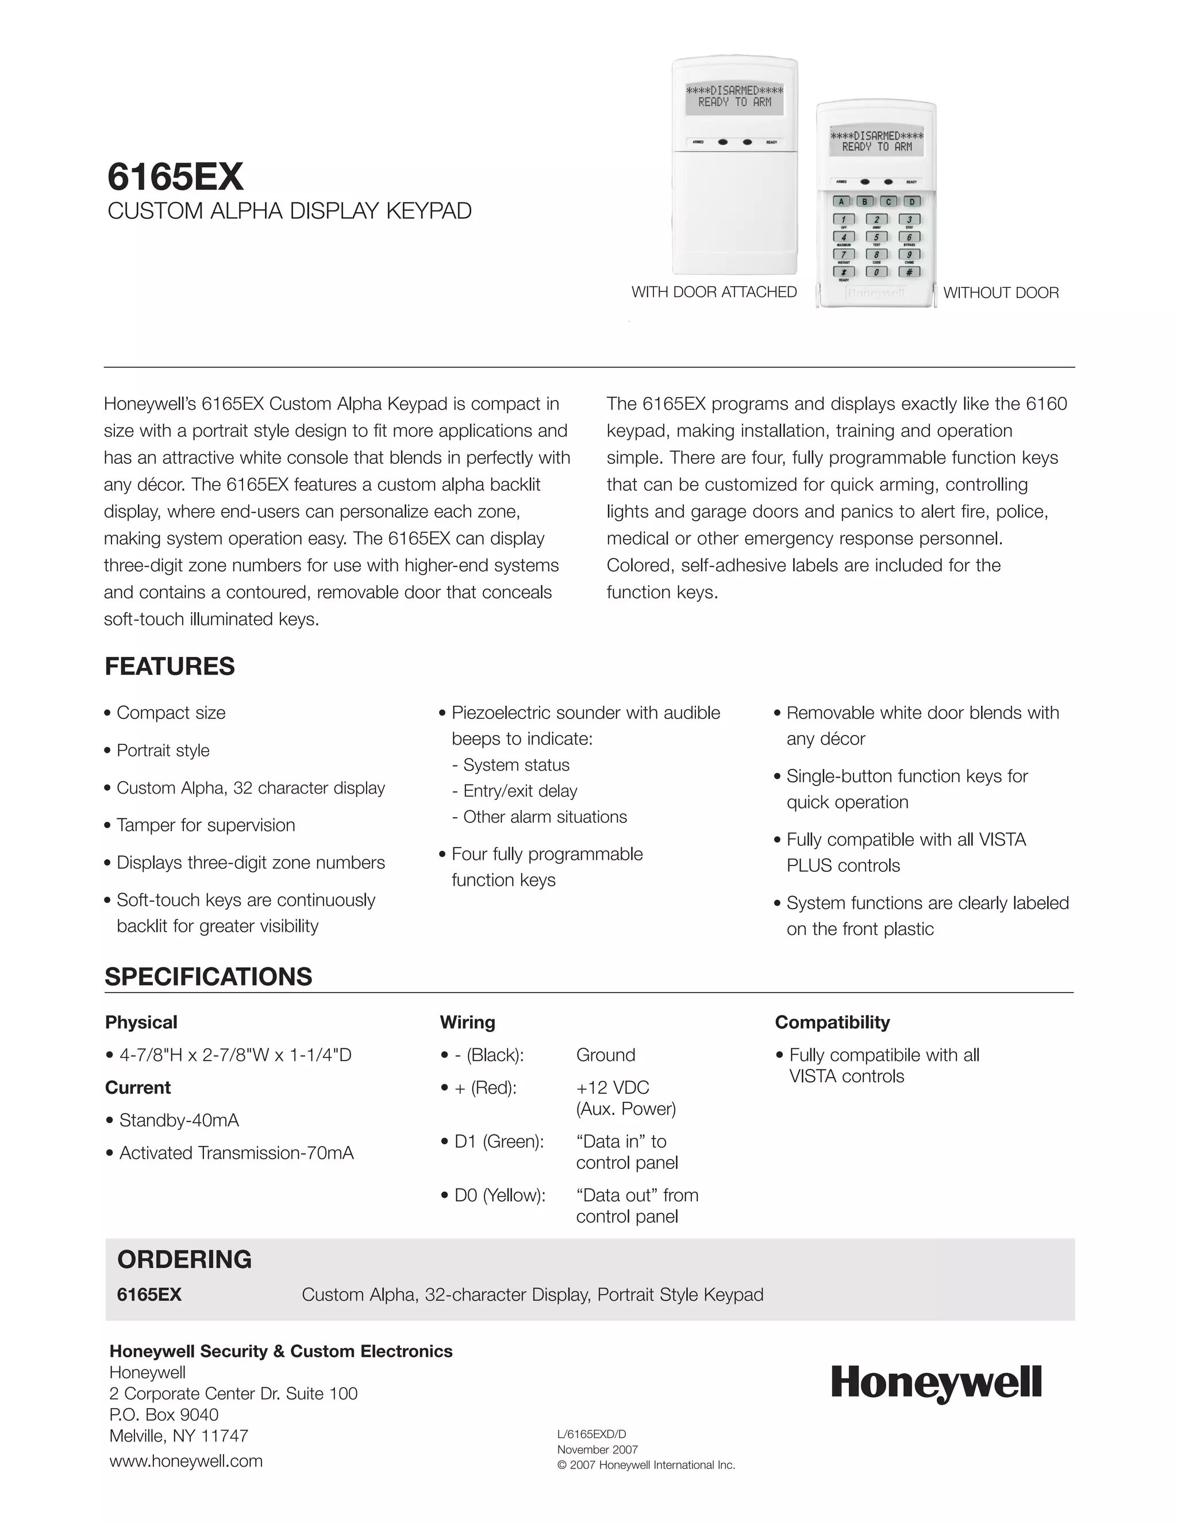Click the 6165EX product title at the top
click(x=175, y=176)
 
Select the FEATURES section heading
click(x=170, y=666)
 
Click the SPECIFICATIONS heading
click(x=208, y=976)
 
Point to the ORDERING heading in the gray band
click(x=184, y=1259)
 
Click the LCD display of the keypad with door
click(x=734, y=96)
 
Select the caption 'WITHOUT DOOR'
click(x=1001, y=293)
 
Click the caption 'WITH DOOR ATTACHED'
click(x=714, y=292)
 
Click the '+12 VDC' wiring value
click(x=612, y=1088)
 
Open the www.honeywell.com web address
click(x=186, y=1461)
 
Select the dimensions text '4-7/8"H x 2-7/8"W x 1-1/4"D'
click(x=235, y=1055)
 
